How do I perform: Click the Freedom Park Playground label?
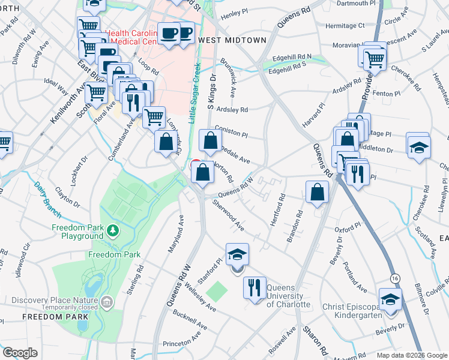point(77,232)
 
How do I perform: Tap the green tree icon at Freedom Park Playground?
point(112,230)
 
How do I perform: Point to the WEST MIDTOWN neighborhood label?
point(232,40)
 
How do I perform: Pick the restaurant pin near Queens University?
point(255,287)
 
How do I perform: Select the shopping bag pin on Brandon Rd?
point(317,192)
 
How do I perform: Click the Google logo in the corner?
point(20,352)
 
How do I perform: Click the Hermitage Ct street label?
point(345,26)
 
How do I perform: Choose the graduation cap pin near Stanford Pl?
point(237,253)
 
